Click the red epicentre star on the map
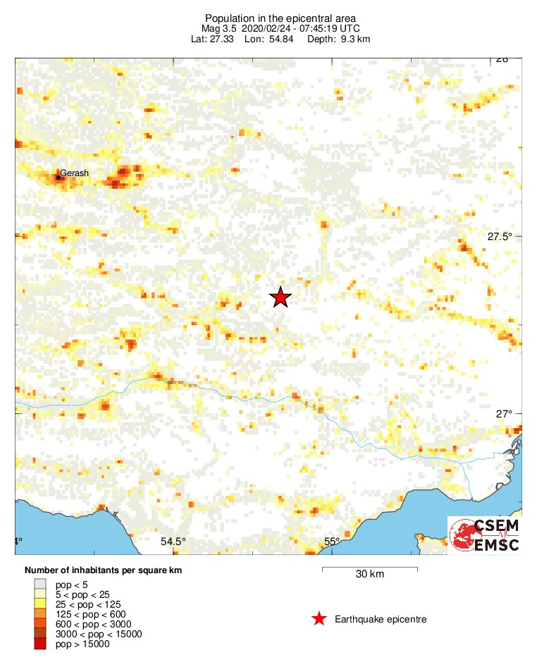click(280, 297)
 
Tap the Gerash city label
click(74, 173)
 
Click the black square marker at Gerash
click(58, 177)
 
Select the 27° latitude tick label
click(503, 414)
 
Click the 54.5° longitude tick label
click(173, 541)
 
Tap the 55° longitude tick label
click(332, 541)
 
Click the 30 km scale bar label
click(369, 575)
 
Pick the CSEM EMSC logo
click(485, 535)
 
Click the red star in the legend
click(319, 619)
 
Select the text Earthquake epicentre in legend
click(381, 619)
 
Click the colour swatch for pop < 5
click(40, 584)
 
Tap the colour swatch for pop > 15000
click(40, 644)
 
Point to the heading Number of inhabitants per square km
click(103, 570)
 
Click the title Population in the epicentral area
click(280, 18)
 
